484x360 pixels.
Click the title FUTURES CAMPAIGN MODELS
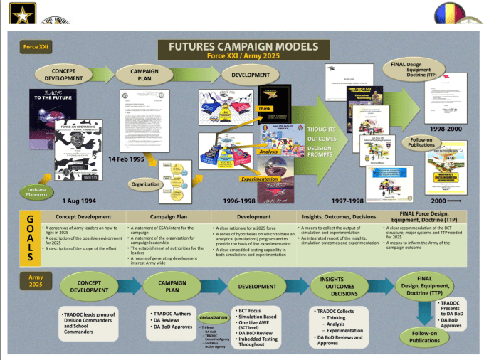tap(243, 46)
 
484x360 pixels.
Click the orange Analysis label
tap(269, 152)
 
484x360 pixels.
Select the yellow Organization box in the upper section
tap(146, 183)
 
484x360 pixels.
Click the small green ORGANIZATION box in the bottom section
tap(214, 317)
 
